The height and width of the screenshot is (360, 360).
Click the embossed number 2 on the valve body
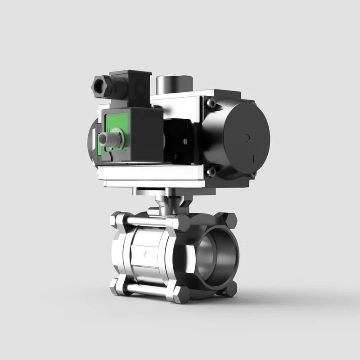(144, 254)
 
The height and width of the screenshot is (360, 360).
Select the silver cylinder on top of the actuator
(174, 84)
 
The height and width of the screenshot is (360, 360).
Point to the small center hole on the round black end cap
(247, 138)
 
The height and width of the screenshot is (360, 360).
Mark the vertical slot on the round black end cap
(254, 159)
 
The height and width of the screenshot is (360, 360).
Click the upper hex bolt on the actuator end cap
(211, 103)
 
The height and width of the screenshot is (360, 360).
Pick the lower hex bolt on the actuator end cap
(211, 172)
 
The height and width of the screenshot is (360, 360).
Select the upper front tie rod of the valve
(148, 221)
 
